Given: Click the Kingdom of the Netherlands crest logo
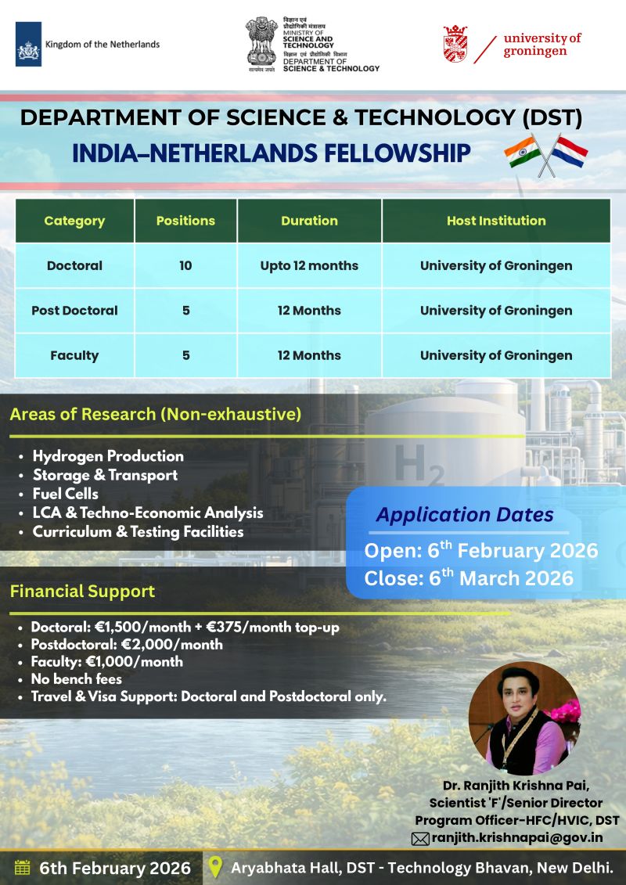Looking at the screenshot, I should coord(29,45).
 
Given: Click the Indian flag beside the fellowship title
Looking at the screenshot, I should coord(521,152).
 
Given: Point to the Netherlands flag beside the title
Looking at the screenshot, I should coord(570,153).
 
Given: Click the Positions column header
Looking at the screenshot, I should coord(185,221).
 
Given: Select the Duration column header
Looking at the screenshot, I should coord(309,221).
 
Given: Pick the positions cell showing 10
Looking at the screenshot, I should coord(185,265).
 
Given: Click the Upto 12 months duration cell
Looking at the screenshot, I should coord(309,265).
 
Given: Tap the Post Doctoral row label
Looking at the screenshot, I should coord(74,311).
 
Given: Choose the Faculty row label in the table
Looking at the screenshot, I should coord(74,355).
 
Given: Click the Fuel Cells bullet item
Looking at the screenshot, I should coord(66,494).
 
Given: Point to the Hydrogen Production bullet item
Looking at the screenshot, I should coord(108,456).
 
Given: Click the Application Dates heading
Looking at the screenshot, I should coord(465,515).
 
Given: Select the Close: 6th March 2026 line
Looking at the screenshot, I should coord(469,578).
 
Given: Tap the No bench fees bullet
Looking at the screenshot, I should coord(77,678).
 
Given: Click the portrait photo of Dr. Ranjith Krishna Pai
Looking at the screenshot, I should coord(524,718).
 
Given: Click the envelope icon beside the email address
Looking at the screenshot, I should coord(420,839).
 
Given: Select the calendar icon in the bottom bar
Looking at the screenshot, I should coord(23,868).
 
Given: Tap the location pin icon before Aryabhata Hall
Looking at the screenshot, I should coord(216,868).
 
